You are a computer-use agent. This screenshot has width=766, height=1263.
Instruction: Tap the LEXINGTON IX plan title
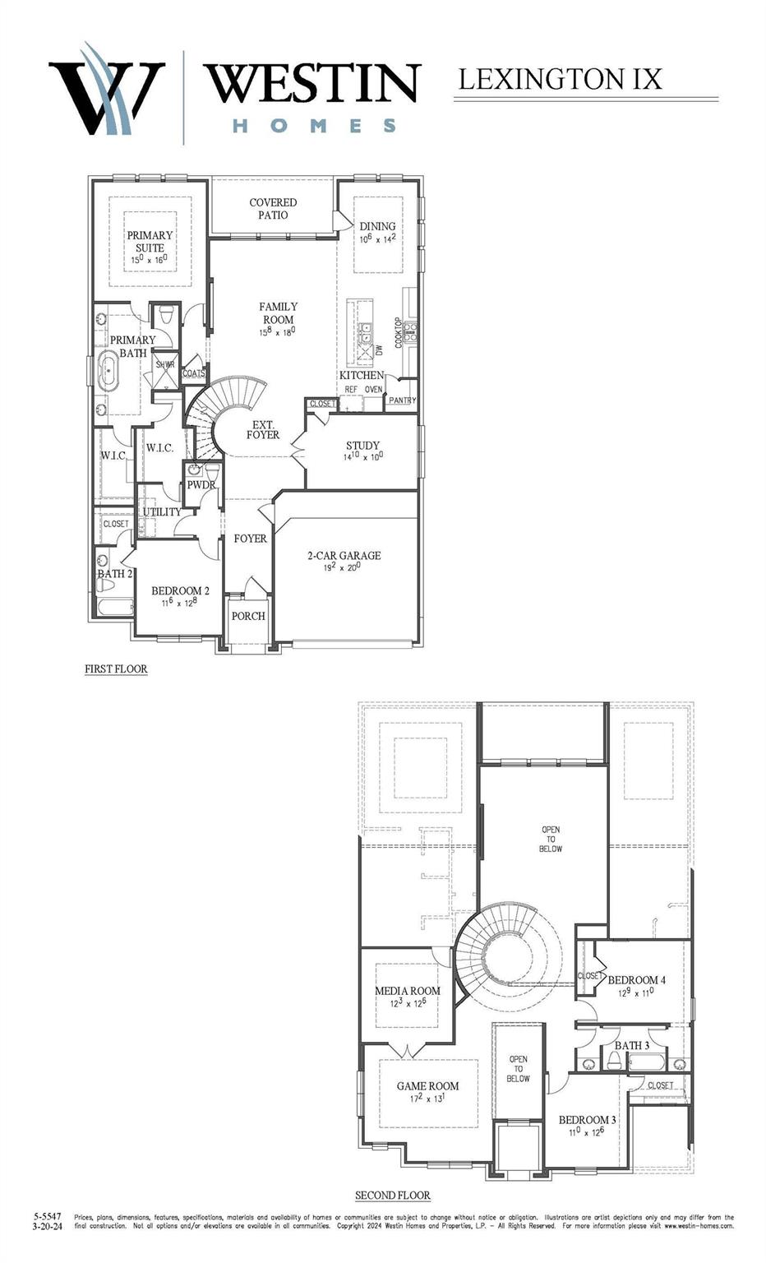point(560,79)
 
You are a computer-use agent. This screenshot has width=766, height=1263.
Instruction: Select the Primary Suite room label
point(150,241)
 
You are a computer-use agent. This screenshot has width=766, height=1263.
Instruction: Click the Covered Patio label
point(273,208)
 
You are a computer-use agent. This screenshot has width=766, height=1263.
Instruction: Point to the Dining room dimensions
point(377,239)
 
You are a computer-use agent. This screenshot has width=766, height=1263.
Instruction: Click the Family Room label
point(278,312)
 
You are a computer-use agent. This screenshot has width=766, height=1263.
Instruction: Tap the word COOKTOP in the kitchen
point(399,332)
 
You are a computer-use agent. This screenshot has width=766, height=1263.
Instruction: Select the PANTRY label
point(402,400)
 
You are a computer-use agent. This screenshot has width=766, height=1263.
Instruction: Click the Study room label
point(362,446)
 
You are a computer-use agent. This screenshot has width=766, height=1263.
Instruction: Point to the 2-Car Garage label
point(344,556)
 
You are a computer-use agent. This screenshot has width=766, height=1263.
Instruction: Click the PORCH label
point(248,616)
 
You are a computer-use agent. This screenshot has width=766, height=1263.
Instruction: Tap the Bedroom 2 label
point(180,590)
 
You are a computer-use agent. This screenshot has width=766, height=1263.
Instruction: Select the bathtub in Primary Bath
point(108,372)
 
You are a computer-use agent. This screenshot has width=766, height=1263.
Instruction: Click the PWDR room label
point(201,484)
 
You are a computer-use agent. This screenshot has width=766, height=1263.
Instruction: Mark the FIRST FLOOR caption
point(116,669)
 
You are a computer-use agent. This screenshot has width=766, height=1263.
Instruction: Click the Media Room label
point(408,991)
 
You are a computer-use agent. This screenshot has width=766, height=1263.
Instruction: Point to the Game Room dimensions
point(427,1098)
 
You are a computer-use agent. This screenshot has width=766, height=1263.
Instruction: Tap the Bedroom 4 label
point(636,979)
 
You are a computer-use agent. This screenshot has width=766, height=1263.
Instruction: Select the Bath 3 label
point(632,1045)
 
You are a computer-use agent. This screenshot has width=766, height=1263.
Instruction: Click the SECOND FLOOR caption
point(392,1195)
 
